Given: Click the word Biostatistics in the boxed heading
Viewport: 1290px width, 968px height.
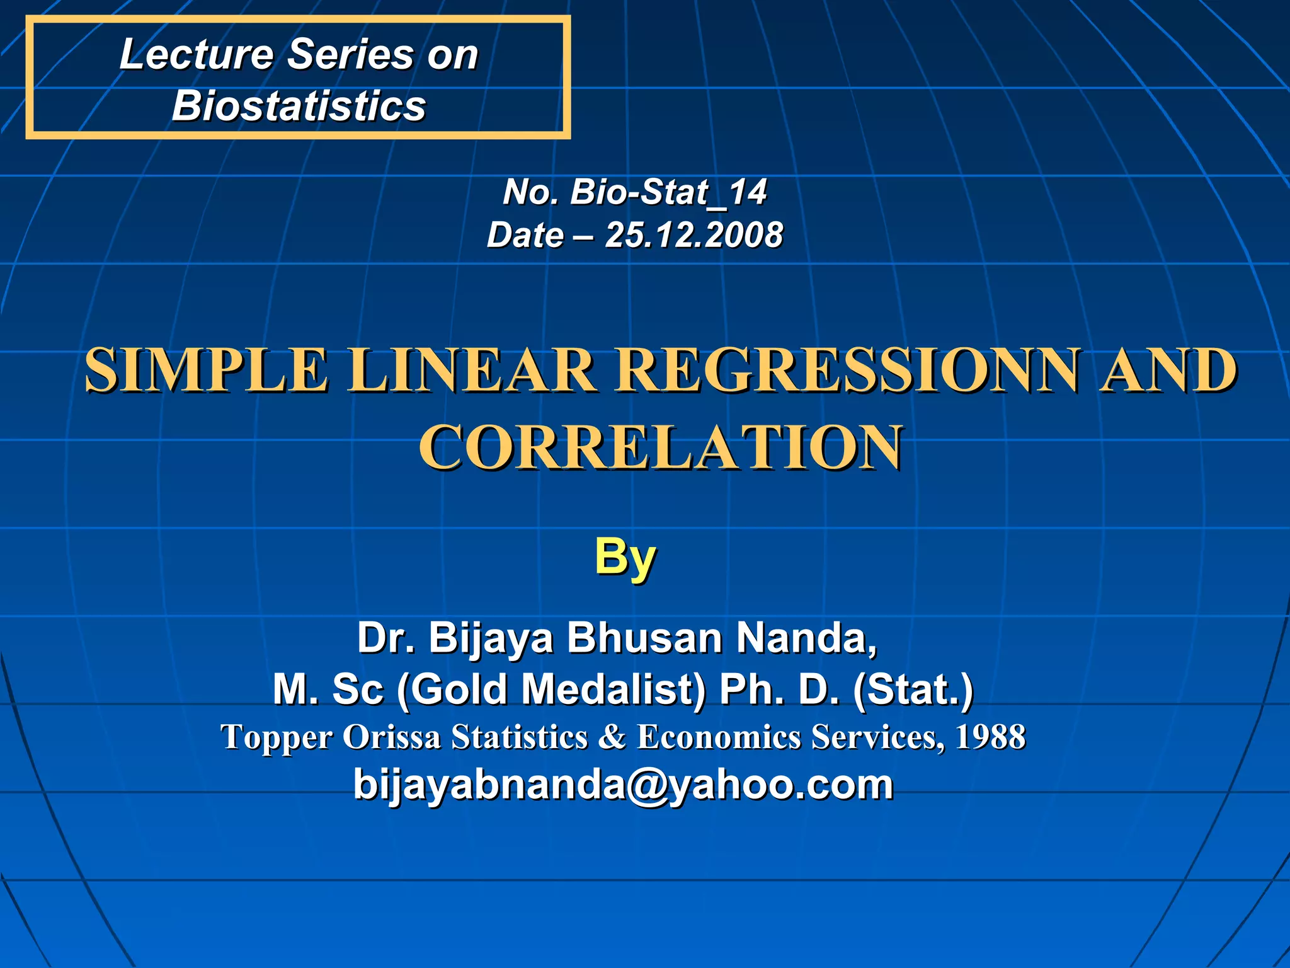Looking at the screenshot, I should tap(299, 105).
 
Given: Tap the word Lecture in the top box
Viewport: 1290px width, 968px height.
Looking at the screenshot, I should tap(196, 54).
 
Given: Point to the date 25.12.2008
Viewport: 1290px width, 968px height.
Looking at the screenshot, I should tap(694, 235).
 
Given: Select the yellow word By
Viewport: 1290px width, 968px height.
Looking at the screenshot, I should tap(625, 557).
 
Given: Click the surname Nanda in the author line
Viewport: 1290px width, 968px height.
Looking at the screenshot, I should tap(806, 638).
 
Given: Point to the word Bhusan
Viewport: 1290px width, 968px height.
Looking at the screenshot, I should tap(644, 638).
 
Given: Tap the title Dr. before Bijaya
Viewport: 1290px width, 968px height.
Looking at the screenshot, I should tap(385, 638).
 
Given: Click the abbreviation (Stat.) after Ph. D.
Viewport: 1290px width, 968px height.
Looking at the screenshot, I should tap(913, 689).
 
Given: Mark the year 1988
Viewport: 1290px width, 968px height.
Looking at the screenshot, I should tap(990, 737).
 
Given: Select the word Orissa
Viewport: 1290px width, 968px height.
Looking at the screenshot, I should tap(391, 737).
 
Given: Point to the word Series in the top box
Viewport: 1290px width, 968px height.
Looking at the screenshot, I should tap(350, 54).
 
